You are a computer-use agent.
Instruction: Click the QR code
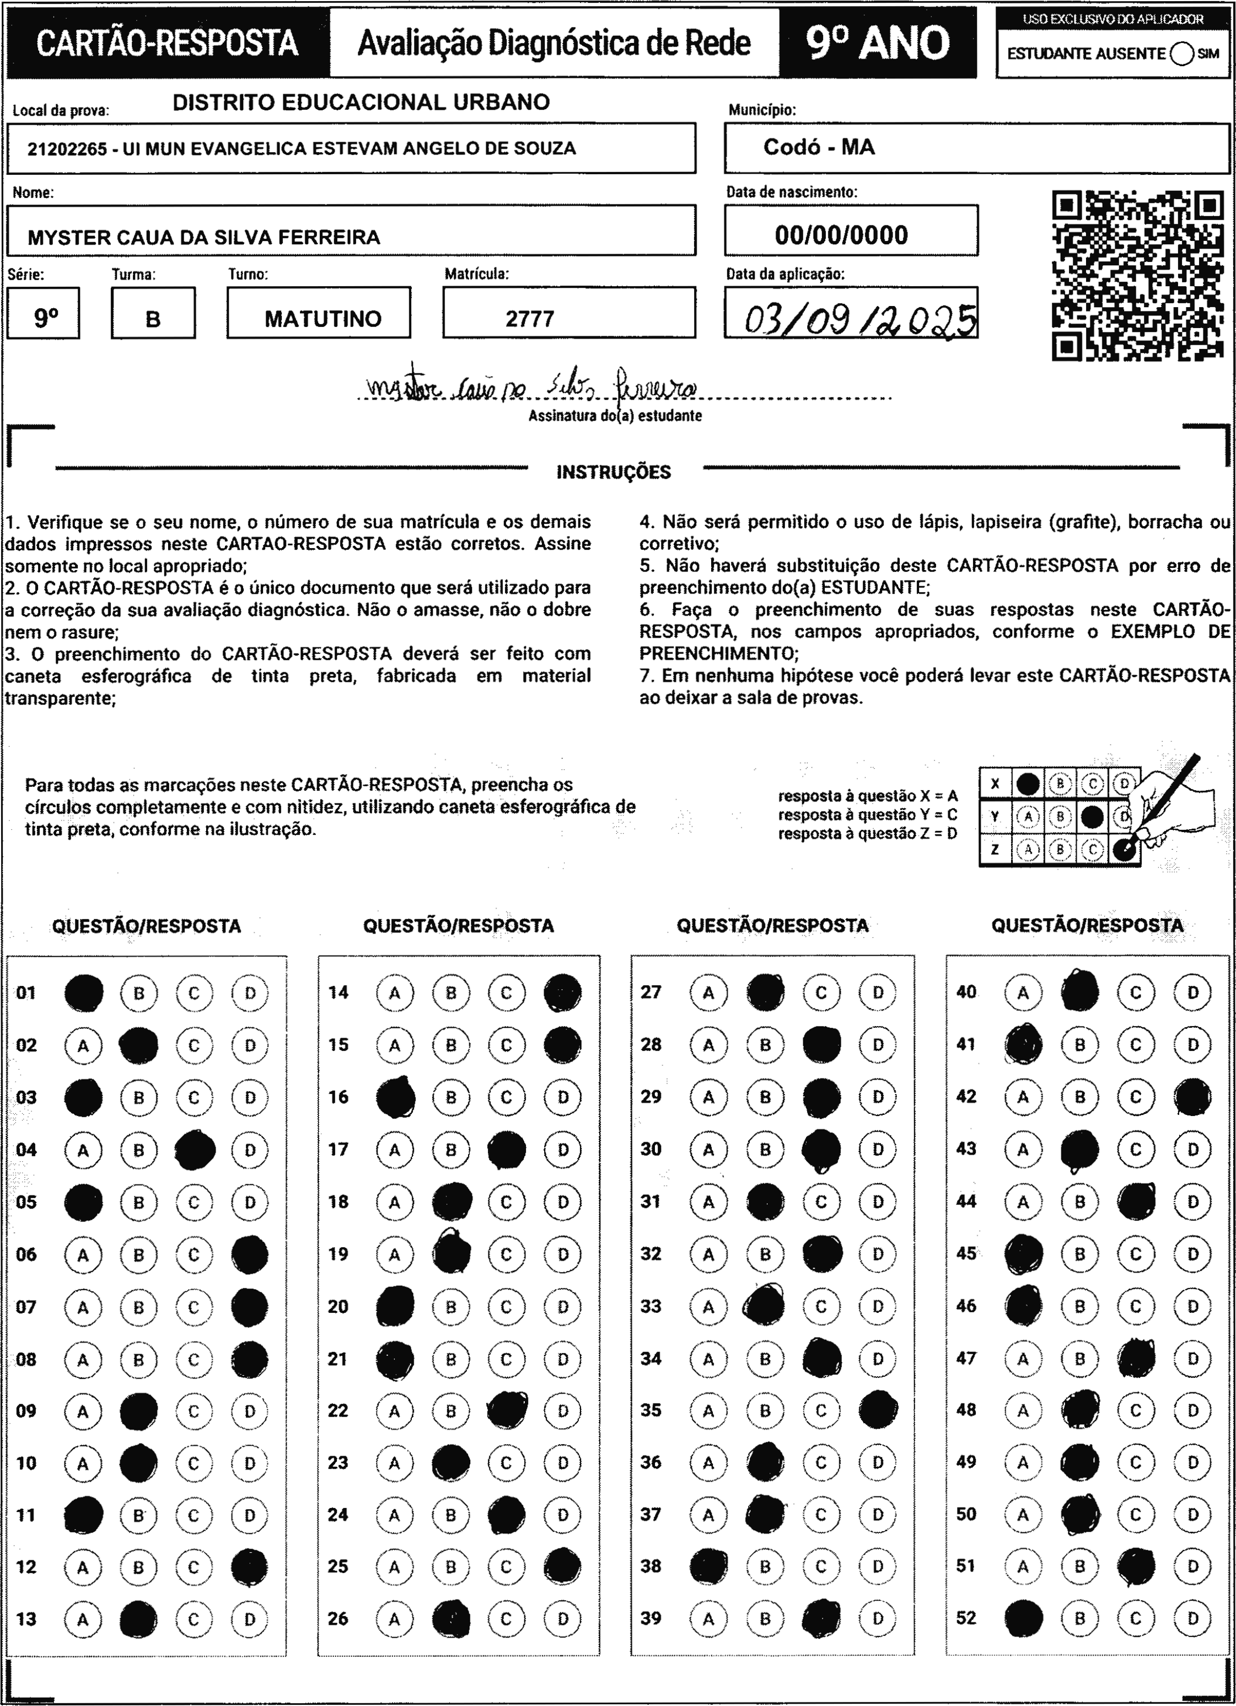pyautogui.click(x=1137, y=275)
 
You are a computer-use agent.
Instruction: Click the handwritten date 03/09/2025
pyautogui.click(x=860, y=319)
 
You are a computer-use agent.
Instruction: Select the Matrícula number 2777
pyautogui.click(x=530, y=319)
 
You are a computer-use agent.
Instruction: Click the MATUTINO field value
pyautogui.click(x=323, y=319)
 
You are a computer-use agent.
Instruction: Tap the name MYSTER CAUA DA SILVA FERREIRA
pyautogui.click(x=204, y=238)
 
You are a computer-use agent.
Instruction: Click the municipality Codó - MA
pyautogui.click(x=819, y=147)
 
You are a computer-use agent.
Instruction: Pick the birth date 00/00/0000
pyautogui.click(x=841, y=235)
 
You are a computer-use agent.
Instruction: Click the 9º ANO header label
pyautogui.click(x=877, y=43)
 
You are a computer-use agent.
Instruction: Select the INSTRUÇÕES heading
pyautogui.click(x=613, y=473)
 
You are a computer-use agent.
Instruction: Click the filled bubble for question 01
pyautogui.click(x=83, y=993)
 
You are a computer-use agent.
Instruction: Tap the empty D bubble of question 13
pyautogui.click(x=250, y=1619)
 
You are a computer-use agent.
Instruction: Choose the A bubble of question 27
pyautogui.click(x=708, y=993)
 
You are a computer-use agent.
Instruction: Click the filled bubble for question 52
pyautogui.click(x=1023, y=1618)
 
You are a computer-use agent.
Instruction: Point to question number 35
pyautogui.click(x=651, y=1410)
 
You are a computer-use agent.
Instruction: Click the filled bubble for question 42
pyautogui.click(x=1192, y=1097)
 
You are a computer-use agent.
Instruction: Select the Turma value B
pyautogui.click(x=153, y=319)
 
